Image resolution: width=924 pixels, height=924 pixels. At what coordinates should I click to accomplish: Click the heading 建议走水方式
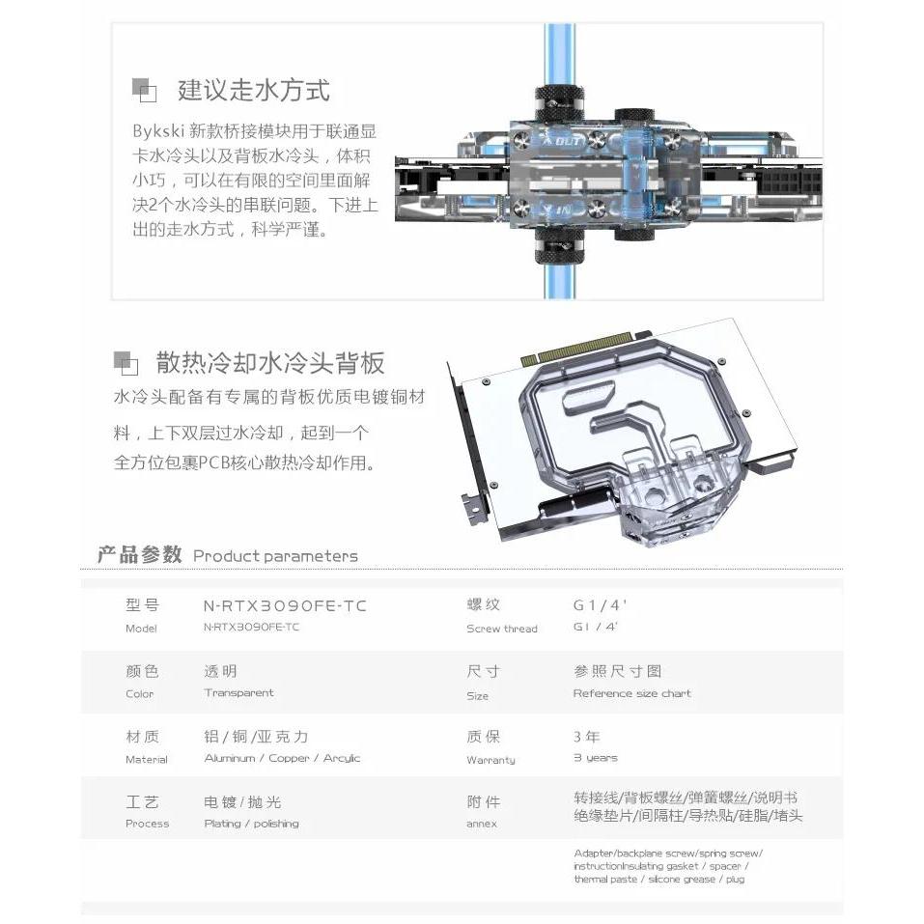253,91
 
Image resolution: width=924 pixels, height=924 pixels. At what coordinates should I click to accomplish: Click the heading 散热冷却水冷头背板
270,363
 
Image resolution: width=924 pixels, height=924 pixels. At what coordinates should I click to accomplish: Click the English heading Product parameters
275,556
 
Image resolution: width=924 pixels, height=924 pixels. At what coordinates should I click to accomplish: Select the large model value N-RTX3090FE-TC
285,605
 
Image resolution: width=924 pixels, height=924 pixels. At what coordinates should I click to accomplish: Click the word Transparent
238,692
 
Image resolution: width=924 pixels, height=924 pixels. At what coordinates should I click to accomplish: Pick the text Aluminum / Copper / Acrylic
282,758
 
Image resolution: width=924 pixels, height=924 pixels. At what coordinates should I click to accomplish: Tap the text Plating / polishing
251,824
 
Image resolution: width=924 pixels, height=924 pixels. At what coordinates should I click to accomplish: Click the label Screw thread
501,629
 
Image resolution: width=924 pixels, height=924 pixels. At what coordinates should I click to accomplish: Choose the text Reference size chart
631,693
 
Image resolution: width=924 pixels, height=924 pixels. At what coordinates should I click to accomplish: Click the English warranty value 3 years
595,758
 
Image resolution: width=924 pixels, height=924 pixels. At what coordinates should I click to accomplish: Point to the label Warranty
490,760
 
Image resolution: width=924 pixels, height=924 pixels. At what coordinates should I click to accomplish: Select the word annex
481,824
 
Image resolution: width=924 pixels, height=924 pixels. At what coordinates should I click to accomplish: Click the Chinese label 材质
142,737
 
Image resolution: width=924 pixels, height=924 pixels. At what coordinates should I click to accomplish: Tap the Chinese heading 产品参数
139,555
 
